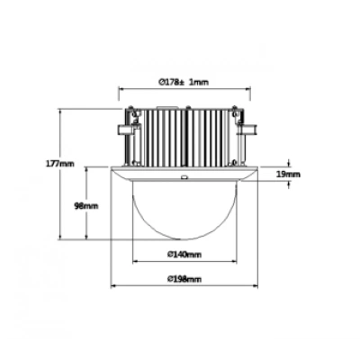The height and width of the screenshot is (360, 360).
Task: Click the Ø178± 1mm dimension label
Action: [x=184, y=82]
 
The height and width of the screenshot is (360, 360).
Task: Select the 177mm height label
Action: [x=60, y=164]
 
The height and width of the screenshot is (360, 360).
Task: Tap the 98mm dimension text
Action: [x=86, y=206]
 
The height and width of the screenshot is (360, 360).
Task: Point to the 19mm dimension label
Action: [x=288, y=174]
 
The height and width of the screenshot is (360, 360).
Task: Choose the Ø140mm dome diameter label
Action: [x=184, y=255]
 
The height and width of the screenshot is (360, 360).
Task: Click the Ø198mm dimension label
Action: [x=184, y=279]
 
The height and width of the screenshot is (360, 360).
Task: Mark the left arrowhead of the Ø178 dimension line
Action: [x=121, y=88]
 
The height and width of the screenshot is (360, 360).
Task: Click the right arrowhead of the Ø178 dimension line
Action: [x=247, y=88]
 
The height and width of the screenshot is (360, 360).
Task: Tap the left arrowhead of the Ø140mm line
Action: [x=135, y=262]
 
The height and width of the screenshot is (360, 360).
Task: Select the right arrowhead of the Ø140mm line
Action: [x=234, y=262]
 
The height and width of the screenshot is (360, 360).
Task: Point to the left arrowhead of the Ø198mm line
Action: [x=113, y=286]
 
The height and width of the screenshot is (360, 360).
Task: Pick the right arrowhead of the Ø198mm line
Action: [x=255, y=286]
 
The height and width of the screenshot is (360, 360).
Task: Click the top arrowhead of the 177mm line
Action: [x=60, y=112]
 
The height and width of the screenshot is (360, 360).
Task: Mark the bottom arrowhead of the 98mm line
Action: [x=86, y=237]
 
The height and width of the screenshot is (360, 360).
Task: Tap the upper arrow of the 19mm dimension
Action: [x=289, y=164]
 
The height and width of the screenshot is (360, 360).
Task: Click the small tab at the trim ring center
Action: [x=184, y=177]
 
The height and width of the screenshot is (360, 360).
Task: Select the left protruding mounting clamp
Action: [x=125, y=130]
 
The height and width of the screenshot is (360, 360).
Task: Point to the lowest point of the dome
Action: [x=184, y=239]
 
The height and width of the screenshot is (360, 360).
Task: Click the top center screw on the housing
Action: [x=188, y=108]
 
